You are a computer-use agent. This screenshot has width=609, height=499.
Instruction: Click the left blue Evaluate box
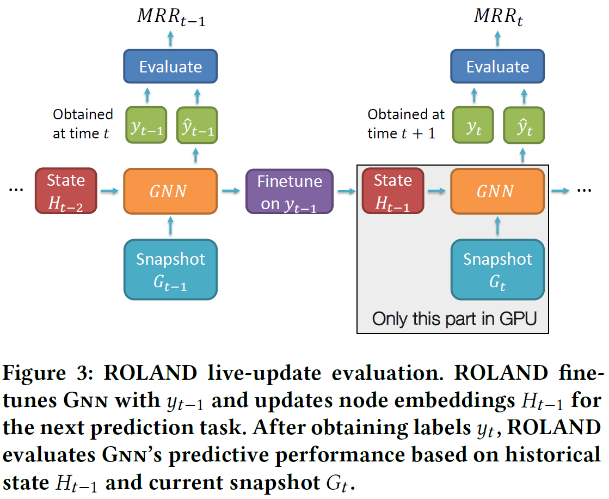[x=170, y=67]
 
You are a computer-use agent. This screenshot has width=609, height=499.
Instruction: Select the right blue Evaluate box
[x=497, y=67]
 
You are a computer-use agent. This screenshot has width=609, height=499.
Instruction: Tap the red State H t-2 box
[x=66, y=191]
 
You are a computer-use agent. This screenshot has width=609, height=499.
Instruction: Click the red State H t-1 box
[x=393, y=191]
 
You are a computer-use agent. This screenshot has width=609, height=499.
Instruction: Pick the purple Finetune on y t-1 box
[x=289, y=191]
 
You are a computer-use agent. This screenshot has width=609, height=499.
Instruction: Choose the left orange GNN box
[x=170, y=191]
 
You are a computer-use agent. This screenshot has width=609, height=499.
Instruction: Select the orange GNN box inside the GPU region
[x=497, y=191]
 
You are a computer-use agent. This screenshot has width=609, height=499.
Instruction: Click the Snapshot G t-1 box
[x=170, y=269]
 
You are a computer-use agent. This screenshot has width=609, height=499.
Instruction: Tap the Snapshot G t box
[x=497, y=269]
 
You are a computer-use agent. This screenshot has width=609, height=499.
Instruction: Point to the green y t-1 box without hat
[x=145, y=125]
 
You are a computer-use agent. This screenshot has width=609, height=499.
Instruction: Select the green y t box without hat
[x=472, y=125]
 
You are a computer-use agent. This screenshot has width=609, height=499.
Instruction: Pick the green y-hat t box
[x=524, y=125]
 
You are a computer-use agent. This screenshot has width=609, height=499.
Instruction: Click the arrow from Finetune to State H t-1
[x=345, y=191]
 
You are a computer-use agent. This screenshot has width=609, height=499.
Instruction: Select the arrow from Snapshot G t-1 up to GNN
[x=170, y=226]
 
